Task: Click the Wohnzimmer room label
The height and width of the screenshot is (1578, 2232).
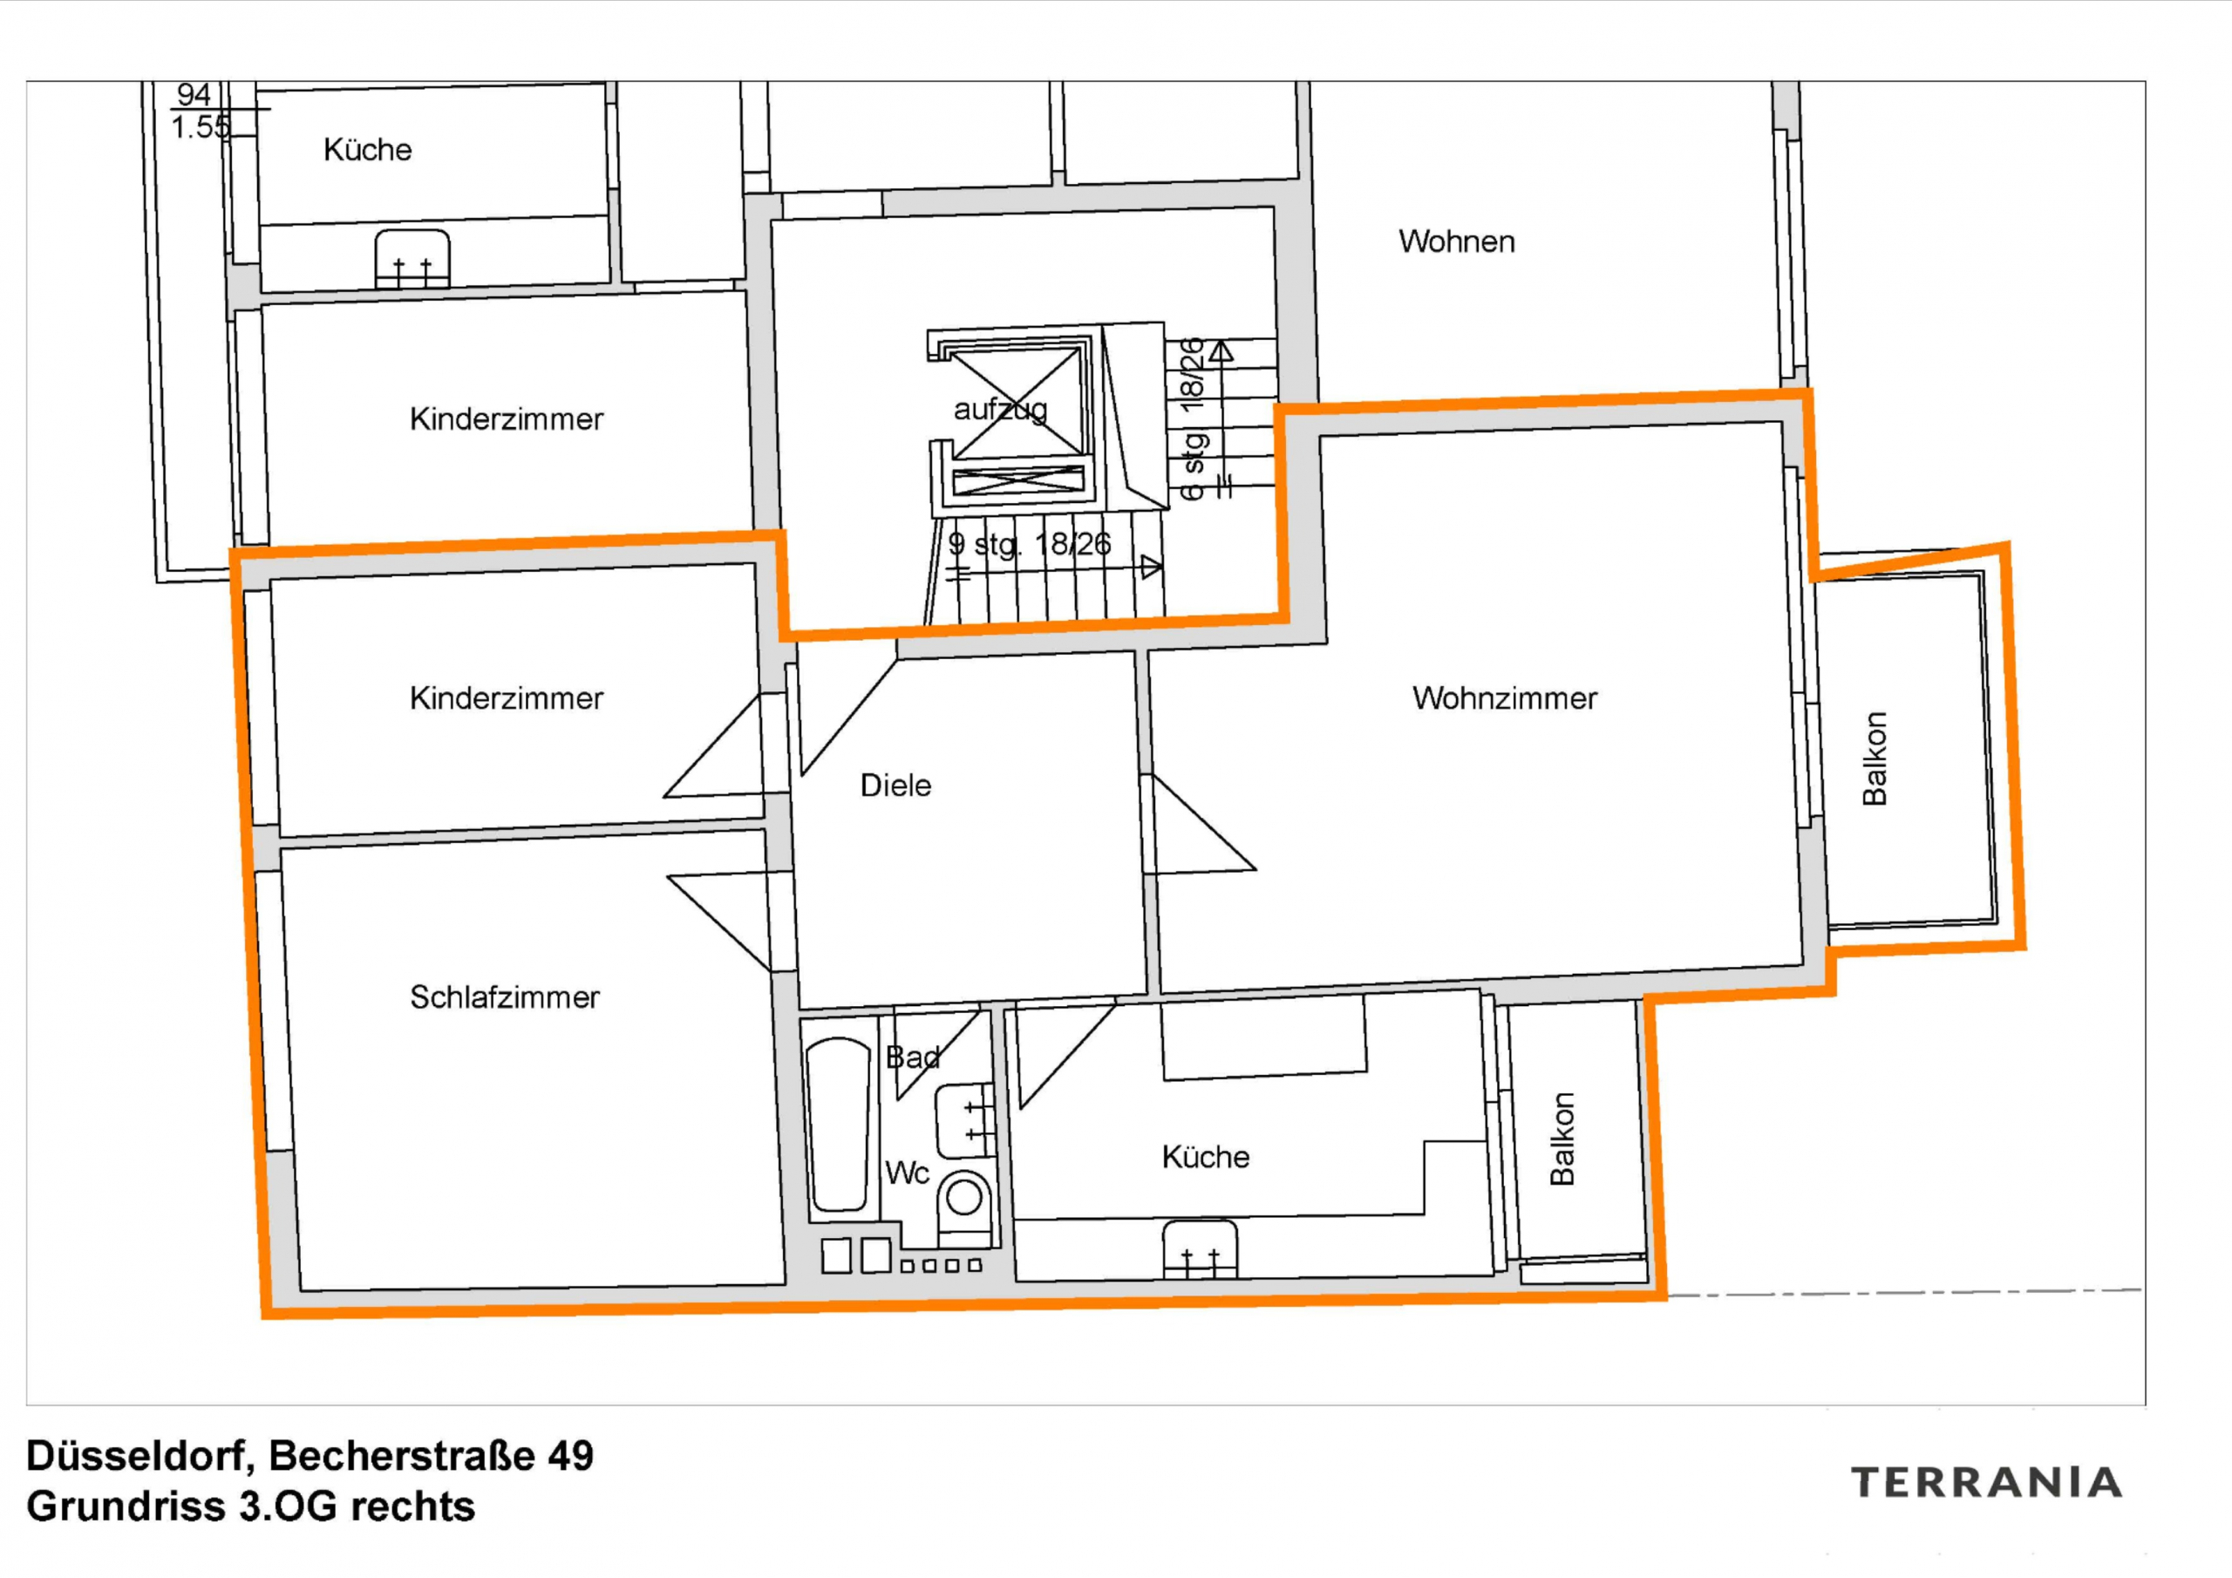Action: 1504,698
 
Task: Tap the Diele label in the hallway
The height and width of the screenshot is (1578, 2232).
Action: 895,786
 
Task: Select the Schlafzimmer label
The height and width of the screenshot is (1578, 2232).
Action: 505,997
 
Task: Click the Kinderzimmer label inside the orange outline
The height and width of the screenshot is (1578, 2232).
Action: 507,698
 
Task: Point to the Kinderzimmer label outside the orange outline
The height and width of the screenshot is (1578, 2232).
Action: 507,419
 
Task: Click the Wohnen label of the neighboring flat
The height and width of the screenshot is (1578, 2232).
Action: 1456,241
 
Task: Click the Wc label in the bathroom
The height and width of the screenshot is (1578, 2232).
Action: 907,1173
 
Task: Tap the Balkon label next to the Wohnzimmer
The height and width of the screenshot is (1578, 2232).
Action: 1875,758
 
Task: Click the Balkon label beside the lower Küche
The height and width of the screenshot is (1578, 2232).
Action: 1562,1139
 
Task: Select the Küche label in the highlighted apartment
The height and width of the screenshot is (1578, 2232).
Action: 1206,1157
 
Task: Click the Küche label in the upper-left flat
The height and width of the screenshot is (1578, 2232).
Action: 367,150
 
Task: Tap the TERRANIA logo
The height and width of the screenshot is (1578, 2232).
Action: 1986,1484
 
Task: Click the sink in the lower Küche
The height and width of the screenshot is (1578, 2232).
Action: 1201,1250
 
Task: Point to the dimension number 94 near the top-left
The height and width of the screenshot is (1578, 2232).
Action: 194,94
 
